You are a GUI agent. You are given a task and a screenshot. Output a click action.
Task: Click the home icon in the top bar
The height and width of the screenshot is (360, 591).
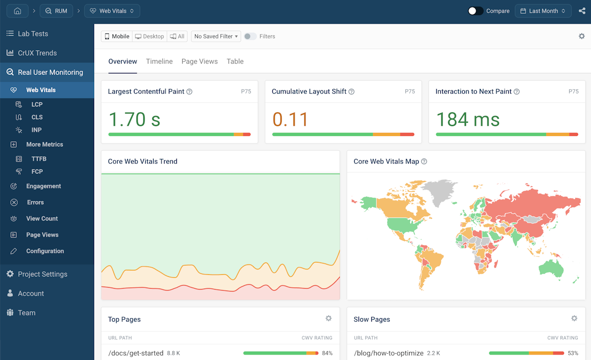(17, 11)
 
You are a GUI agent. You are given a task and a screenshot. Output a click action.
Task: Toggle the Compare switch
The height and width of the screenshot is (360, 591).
(475, 11)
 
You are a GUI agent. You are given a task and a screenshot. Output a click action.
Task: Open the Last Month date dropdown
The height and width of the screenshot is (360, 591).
(543, 11)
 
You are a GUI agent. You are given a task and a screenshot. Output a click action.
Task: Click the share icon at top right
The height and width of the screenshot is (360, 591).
(582, 11)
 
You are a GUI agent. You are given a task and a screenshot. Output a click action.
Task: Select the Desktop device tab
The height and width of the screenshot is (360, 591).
(150, 36)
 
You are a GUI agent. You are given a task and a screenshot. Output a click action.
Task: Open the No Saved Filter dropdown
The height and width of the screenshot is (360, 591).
(216, 36)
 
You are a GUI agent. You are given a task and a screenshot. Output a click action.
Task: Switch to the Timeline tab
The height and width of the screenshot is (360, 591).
(159, 62)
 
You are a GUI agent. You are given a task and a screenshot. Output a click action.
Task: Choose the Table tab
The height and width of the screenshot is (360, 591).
(235, 62)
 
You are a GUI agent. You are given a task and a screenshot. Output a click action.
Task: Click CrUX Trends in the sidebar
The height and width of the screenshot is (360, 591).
(37, 53)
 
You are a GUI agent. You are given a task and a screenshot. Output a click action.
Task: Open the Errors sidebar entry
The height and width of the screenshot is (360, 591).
(35, 202)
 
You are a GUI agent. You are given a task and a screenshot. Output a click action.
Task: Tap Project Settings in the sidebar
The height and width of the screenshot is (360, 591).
(42, 274)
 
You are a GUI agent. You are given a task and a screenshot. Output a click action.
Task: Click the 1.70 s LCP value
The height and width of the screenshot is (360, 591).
(134, 120)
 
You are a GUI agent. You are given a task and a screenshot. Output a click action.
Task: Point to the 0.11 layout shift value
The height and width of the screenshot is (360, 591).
(290, 120)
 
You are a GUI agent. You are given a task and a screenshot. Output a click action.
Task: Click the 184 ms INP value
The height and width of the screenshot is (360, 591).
(468, 120)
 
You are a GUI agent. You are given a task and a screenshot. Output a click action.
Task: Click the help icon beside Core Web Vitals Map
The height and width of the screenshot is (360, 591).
(424, 162)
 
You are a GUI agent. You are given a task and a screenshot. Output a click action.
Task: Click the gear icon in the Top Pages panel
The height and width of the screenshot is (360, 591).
(328, 319)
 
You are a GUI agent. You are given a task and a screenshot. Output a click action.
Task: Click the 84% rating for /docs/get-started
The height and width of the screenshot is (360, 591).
(327, 353)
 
